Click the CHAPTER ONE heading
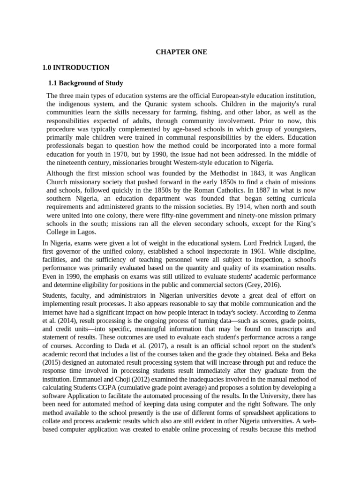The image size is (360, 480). (181, 52)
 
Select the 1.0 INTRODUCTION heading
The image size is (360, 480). (76, 67)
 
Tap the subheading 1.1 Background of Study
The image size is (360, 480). (86, 83)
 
